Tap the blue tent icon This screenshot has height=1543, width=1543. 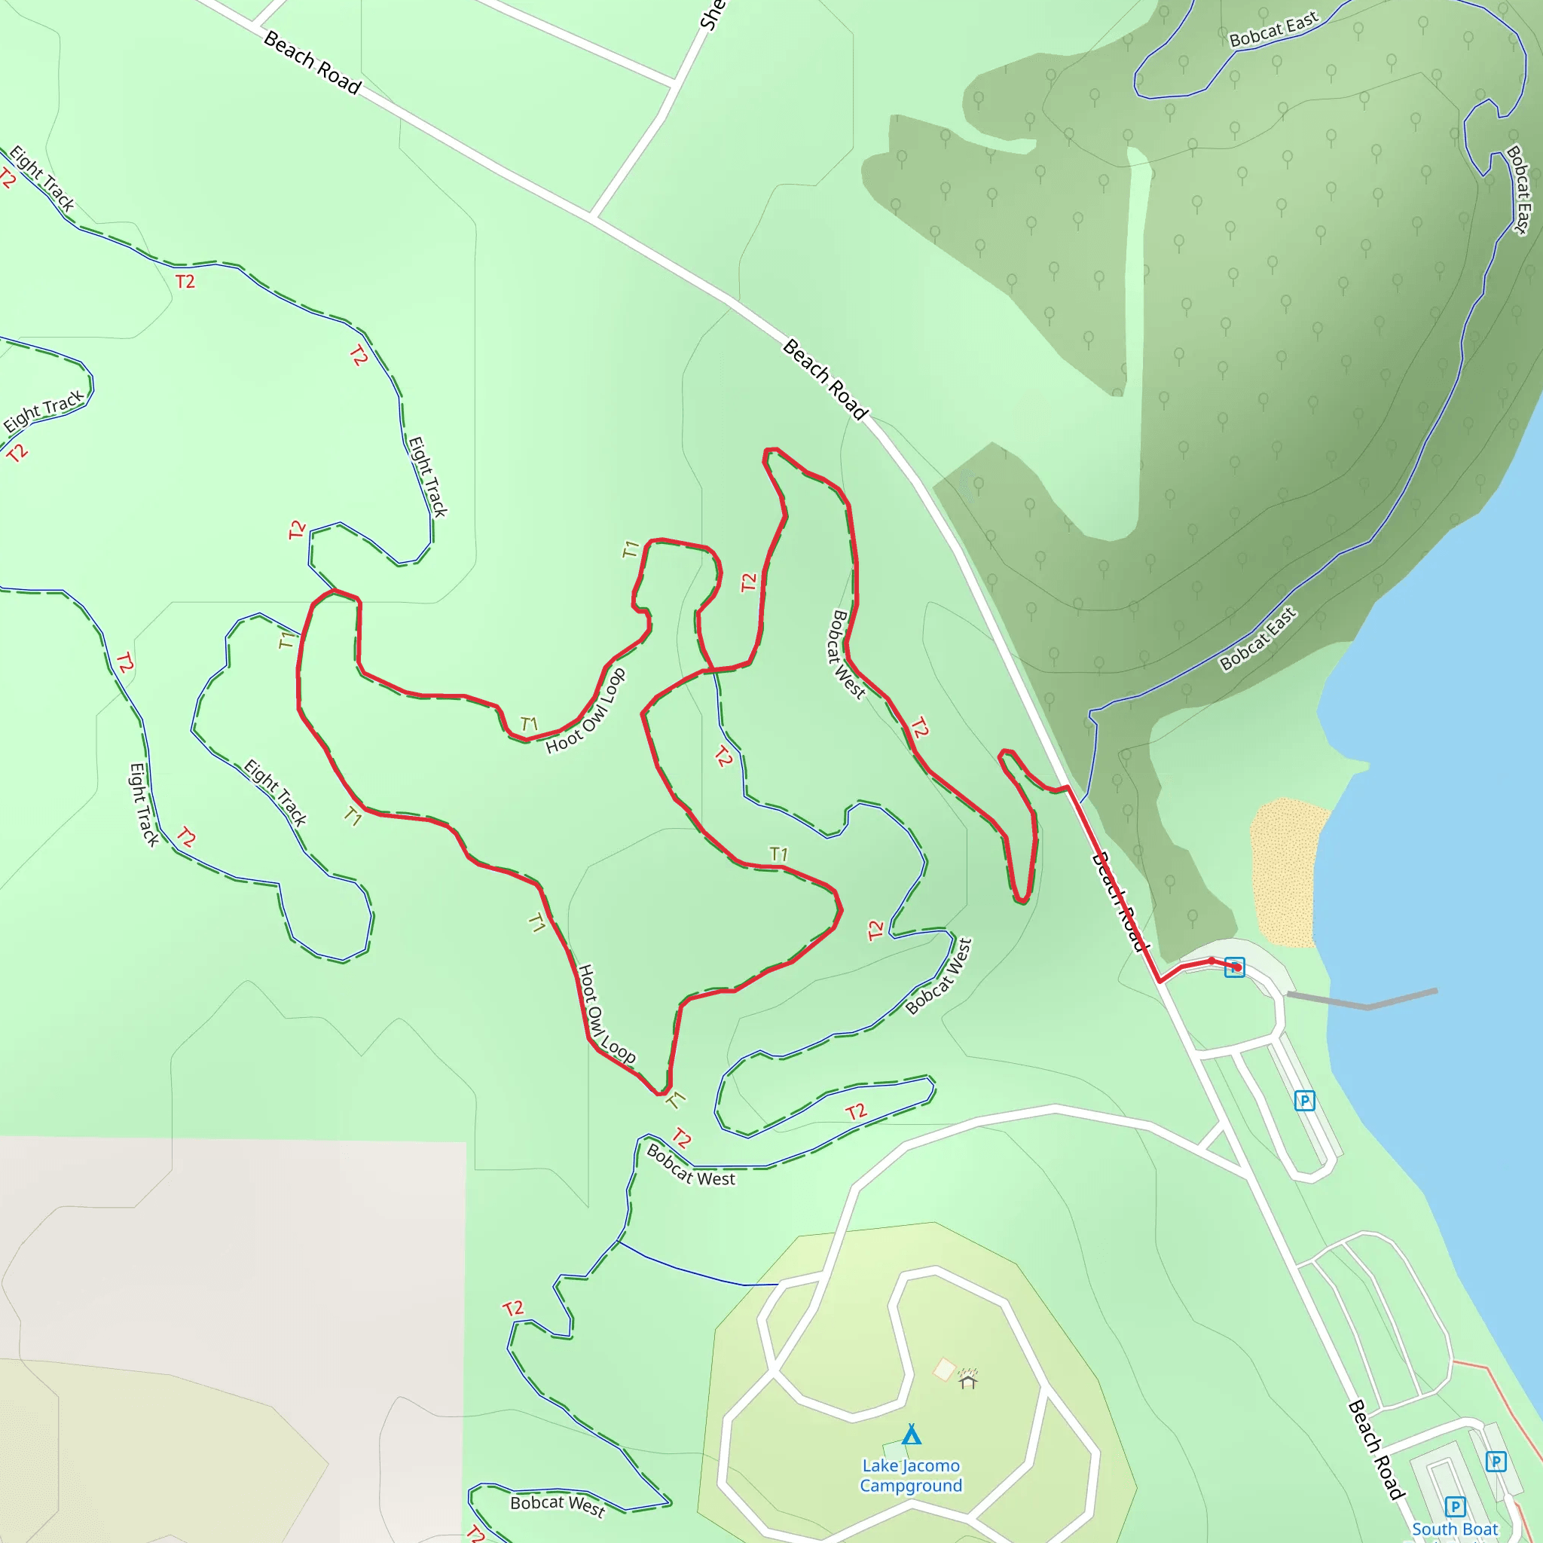pos(912,1435)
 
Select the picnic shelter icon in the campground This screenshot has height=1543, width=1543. pos(968,1380)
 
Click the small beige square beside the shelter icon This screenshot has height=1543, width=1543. pos(944,1370)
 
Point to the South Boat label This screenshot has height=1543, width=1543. pos(1454,1529)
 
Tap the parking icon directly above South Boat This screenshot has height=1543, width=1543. pos(1455,1506)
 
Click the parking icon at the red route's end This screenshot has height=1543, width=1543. pos(1235,967)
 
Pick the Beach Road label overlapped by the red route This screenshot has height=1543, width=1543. pos(1120,901)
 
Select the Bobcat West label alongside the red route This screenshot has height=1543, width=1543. pos(847,654)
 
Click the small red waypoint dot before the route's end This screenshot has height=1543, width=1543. pos(1211,961)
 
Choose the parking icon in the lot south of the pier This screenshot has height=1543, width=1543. pos(1304,1101)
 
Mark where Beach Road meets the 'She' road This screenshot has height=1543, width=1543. pos(591,215)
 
